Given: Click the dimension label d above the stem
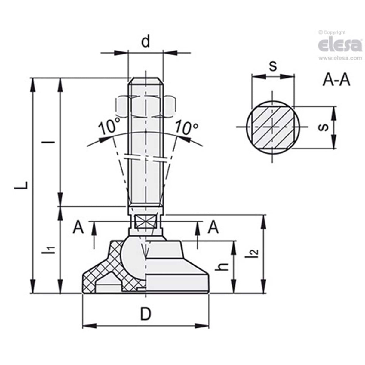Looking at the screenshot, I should tap(146, 42).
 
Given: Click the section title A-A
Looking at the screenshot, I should tap(336, 80).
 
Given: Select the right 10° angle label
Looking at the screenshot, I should tap(186, 127).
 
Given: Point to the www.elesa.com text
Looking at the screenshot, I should tap(340, 58).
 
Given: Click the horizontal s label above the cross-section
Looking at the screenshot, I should tap(273, 66).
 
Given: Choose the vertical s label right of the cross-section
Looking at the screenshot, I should tap(323, 127).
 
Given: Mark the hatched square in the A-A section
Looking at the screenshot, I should tap(272, 127).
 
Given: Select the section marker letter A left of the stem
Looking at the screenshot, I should tap(78, 227).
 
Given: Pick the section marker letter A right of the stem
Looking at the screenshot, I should tap(213, 227).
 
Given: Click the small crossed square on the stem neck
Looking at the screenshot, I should tap(146, 222).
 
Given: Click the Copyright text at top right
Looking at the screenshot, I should tap(332, 32).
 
